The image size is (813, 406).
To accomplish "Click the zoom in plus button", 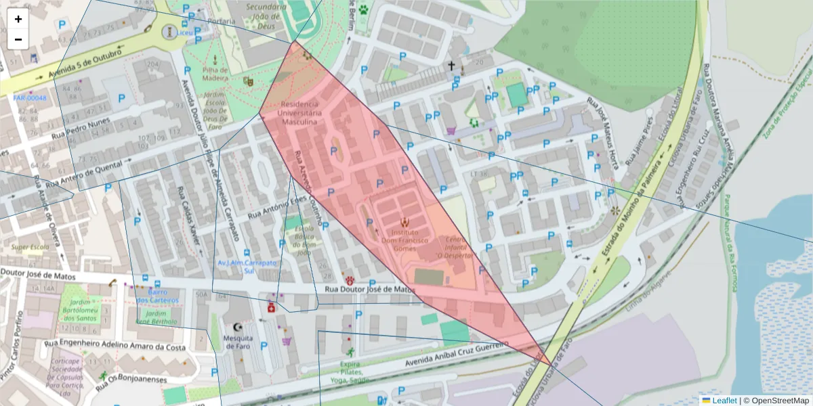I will [18, 19].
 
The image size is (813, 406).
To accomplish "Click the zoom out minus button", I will [18, 39].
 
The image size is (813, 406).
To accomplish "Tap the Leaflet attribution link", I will [724, 400].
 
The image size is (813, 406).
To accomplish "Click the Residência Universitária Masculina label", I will [299, 113].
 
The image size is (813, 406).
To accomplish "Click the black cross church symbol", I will [451, 66].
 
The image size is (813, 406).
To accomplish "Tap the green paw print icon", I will [364, 10].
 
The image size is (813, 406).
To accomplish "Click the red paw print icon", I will [350, 280].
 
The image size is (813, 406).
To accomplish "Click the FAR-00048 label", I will [30, 98].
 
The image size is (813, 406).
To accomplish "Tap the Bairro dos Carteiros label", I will [157, 296].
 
